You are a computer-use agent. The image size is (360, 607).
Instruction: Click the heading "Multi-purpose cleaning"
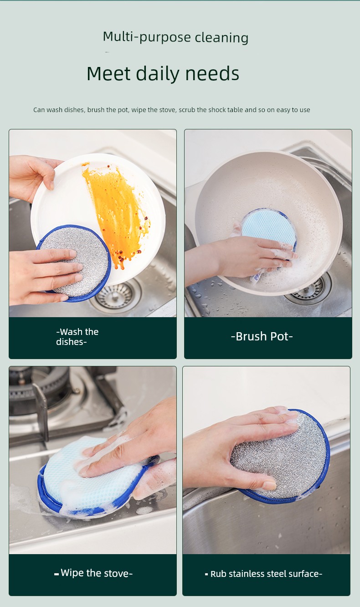[x=175, y=37]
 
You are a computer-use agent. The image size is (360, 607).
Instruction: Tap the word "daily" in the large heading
[x=157, y=73]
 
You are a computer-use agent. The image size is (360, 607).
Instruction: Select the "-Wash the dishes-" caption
[x=77, y=337]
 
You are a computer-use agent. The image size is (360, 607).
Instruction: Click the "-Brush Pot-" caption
[x=262, y=336]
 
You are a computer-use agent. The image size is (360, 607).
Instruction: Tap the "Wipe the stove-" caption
[x=93, y=573]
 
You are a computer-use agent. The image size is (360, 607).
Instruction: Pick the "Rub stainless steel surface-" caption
[x=263, y=574]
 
